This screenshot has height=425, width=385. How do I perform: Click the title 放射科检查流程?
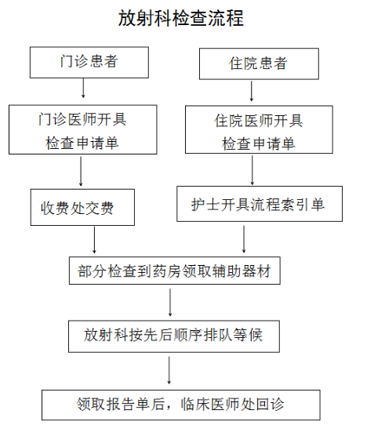point(181,18)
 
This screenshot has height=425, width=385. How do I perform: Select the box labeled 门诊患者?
point(89,63)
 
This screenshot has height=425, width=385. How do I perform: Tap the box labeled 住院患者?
point(259,64)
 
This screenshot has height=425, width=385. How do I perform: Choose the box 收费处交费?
point(82,207)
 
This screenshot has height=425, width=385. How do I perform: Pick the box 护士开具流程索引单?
point(260,204)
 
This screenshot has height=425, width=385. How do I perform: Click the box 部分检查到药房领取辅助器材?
point(175,271)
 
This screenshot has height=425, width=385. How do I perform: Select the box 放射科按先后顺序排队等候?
point(174,336)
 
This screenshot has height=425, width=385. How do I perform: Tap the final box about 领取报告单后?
point(181,405)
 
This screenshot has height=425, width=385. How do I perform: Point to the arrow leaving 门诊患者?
point(83,88)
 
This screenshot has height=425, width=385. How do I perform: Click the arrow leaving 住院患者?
point(252,91)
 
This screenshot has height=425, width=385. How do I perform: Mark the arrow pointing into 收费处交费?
point(81,171)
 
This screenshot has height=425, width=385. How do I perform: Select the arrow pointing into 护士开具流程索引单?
point(252,170)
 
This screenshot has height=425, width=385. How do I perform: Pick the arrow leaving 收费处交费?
point(94,240)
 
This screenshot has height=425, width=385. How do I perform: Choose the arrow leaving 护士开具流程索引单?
point(244,239)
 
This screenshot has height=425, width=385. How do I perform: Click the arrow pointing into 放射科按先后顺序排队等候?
point(170,303)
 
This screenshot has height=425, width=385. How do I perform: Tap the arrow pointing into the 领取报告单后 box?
point(169,370)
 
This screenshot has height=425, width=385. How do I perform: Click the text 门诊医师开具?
point(82,119)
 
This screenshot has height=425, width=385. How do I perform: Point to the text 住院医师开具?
point(259,120)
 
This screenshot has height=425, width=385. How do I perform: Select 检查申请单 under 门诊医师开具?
point(82,143)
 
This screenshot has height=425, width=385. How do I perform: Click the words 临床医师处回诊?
point(232,404)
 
